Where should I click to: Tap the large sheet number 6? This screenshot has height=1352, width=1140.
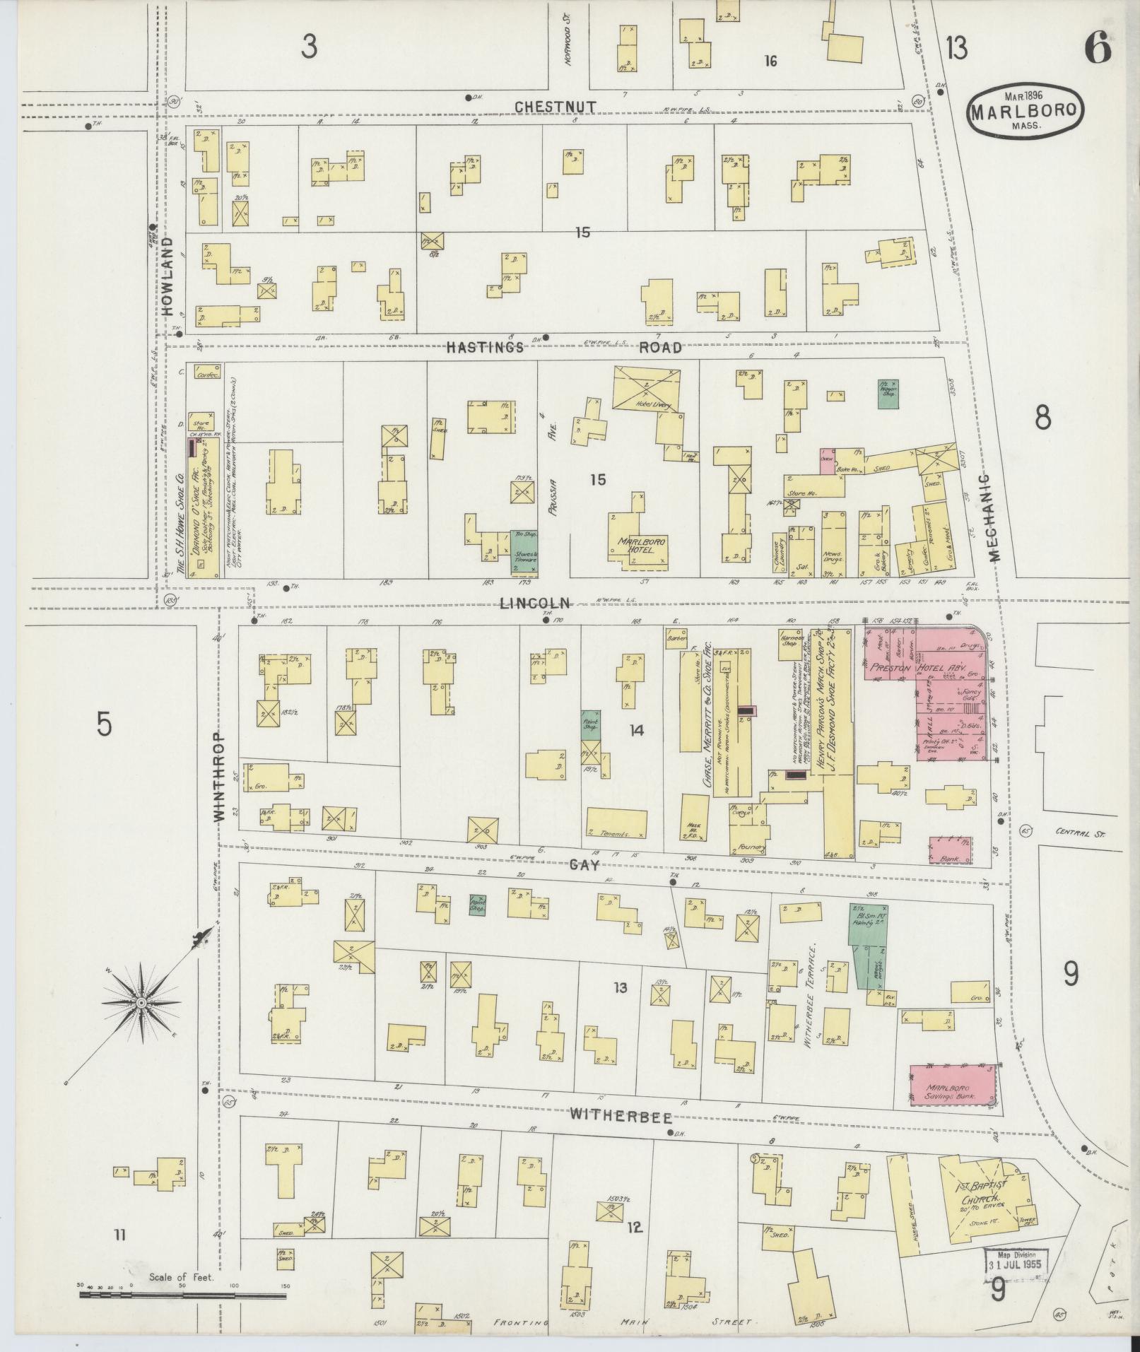[x=1097, y=49]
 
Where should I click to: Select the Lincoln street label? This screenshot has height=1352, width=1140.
[x=534, y=603]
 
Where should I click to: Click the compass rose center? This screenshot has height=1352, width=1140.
[x=141, y=1004]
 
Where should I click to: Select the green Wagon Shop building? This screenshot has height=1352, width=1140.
[x=888, y=393]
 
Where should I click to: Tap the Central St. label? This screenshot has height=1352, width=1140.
[x=1080, y=831]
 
